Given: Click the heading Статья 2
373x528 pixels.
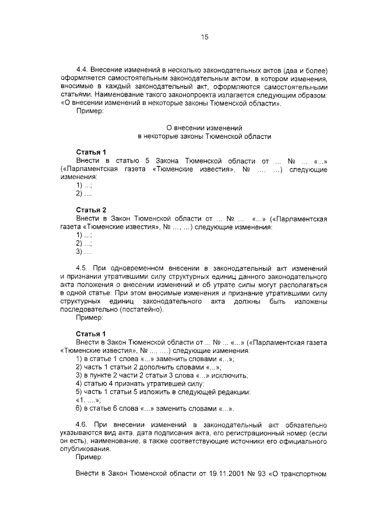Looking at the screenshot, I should click(x=92, y=209).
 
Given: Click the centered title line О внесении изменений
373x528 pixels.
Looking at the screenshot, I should click(x=204, y=127).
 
